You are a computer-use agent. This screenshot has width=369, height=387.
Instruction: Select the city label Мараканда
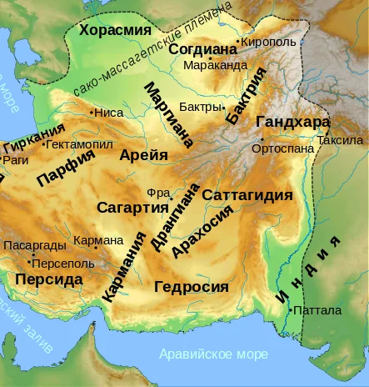(x=215, y=65)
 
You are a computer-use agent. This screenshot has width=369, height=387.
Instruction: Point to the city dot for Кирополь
(x=238, y=41)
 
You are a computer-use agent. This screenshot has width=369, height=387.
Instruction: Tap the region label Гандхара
(x=293, y=121)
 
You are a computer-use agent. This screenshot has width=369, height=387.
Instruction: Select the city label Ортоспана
(x=286, y=148)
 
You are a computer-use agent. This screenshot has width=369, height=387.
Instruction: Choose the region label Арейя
(x=142, y=155)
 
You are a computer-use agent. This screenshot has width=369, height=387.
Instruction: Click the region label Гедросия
(x=192, y=287)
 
